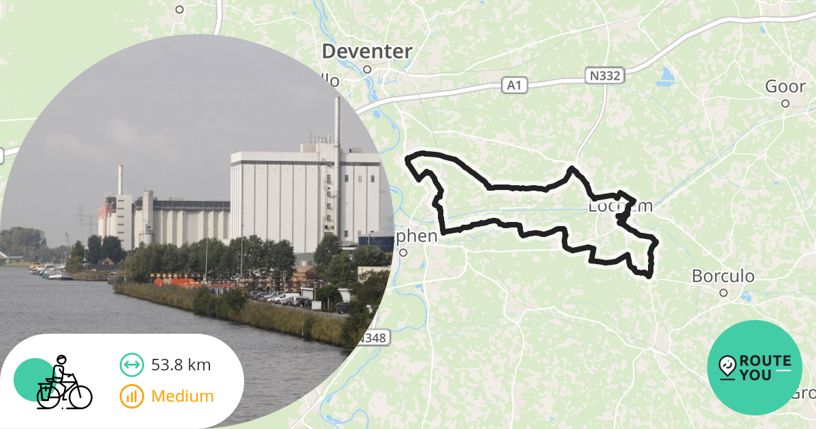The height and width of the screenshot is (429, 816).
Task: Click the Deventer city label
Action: click(367, 51)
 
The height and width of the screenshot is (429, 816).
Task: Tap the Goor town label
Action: click(785, 86)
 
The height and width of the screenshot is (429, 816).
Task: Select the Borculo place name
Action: click(723, 276)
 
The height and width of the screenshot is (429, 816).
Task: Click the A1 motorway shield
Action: click(514, 85)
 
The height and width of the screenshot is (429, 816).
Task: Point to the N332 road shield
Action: click(604, 76)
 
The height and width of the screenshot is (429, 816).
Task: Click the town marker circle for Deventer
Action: click(367, 69)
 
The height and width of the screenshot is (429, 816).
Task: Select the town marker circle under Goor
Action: click(785, 104)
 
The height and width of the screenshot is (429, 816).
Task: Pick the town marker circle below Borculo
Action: click(724, 293)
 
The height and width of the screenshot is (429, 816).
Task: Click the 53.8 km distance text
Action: click(181, 365)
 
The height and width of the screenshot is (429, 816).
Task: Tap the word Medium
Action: click(182, 396)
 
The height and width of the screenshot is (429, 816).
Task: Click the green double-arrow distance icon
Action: click(131, 365)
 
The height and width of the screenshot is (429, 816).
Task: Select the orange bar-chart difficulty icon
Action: click(131, 396)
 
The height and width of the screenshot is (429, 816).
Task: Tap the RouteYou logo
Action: click(755, 368)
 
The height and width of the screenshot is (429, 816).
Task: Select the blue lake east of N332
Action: click(664, 78)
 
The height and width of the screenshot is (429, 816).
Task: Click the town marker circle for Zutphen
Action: click(403, 253)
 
